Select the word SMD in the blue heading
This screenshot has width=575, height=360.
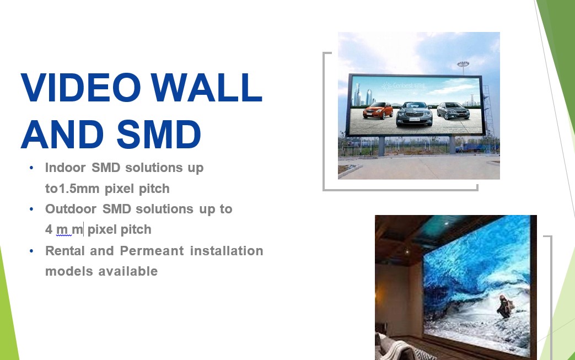(159, 134)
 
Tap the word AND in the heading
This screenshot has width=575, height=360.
(62, 134)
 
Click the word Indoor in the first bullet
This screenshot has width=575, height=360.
(65, 168)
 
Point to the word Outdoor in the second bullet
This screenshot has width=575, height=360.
(71, 209)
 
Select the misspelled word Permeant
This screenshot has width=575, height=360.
(152, 251)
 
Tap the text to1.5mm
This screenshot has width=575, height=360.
(72, 189)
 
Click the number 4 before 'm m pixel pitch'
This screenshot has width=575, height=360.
(49, 229)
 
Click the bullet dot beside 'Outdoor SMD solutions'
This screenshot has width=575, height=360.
(31, 209)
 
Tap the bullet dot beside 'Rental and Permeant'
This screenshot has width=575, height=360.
(31, 251)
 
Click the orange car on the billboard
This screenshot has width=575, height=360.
(378, 110)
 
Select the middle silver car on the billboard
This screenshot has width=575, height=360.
(415, 114)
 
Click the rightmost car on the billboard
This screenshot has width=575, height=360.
(453, 110)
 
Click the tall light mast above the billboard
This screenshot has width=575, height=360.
(463, 68)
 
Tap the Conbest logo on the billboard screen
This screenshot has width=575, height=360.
(403, 87)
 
